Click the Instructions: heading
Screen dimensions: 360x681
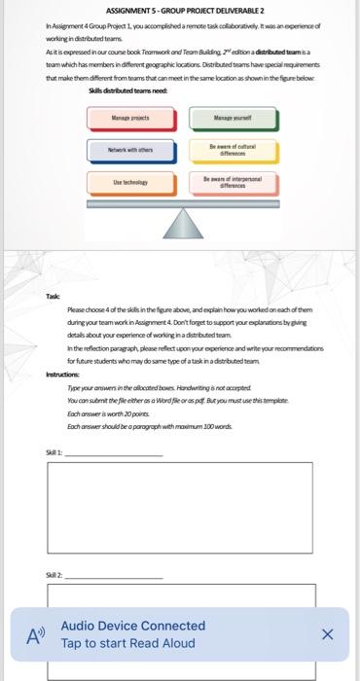pos(66,374)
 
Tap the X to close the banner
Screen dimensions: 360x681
pos(327,634)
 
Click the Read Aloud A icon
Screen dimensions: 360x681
pos(36,635)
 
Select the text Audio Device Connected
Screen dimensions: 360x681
pos(132,626)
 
